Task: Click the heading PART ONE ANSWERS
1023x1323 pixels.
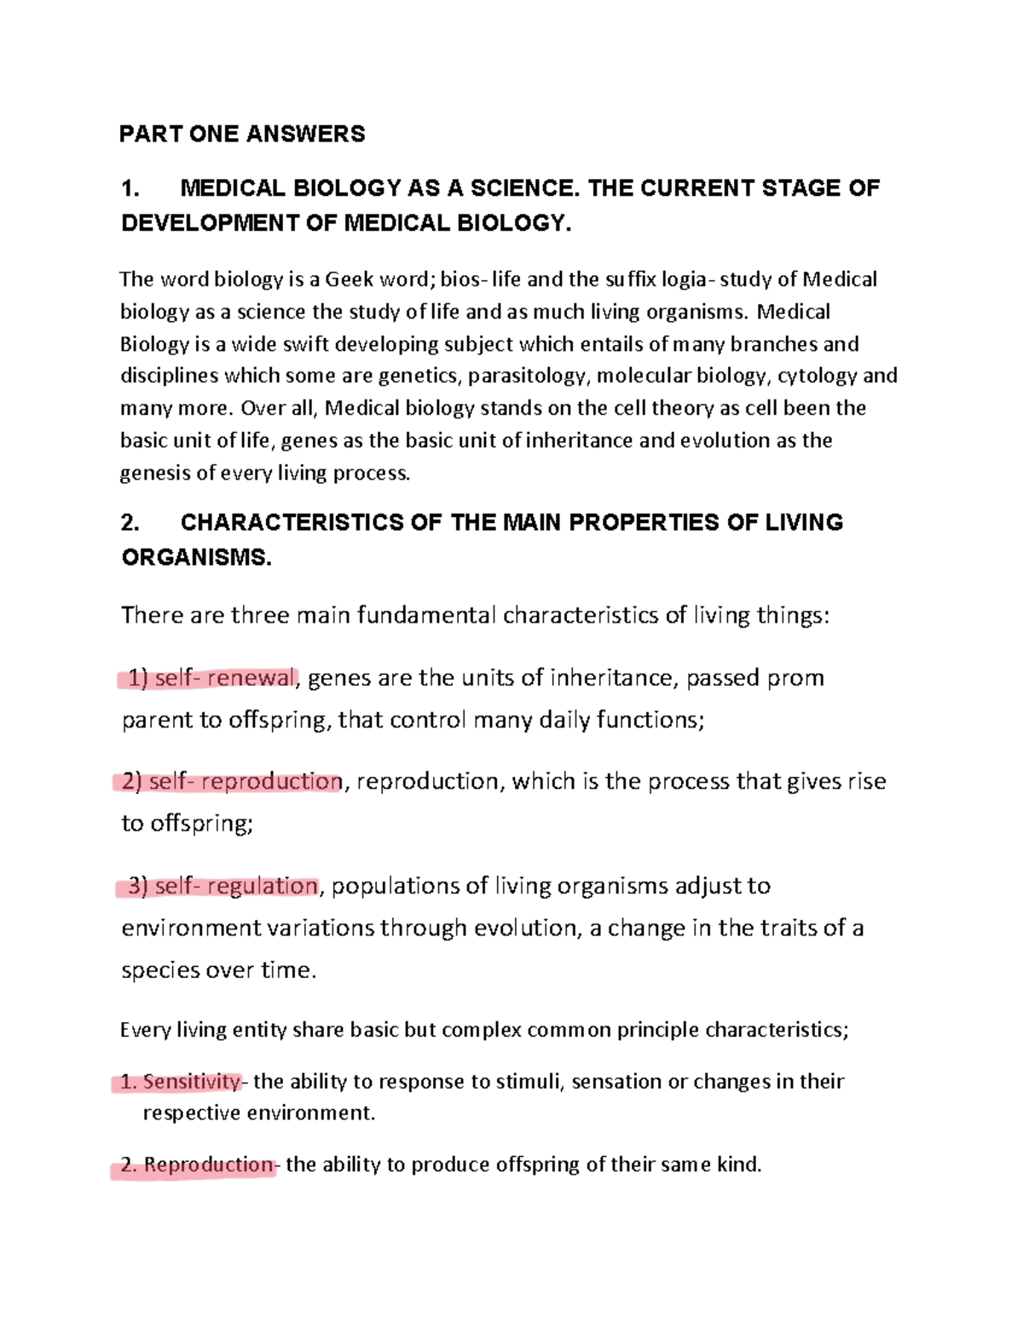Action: (x=242, y=134)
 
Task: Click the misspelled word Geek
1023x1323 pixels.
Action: (x=350, y=279)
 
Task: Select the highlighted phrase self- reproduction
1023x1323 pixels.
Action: (x=245, y=781)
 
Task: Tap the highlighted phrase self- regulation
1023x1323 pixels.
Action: (x=235, y=886)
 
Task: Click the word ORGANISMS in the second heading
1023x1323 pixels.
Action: (x=195, y=558)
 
